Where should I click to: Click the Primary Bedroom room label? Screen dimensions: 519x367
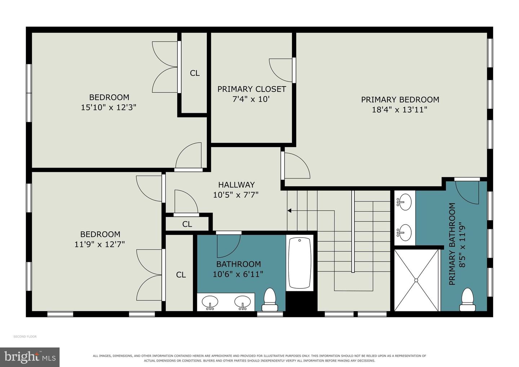tap(400, 100)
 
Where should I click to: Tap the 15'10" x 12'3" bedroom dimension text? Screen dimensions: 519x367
tap(108, 107)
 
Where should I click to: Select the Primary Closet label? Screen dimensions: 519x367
tap(252, 89)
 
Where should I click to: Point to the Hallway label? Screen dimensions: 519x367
tap(236, 185)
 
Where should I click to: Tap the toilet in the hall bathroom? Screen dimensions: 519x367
tap(270, 300)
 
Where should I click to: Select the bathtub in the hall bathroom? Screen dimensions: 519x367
tap(300, 263)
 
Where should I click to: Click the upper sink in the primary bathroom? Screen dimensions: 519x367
tap(404, 202)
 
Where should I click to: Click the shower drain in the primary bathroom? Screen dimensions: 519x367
tap(416, 280)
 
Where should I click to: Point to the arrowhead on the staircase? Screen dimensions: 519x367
tap(289, 211)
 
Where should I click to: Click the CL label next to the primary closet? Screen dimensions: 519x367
tap(195, 73)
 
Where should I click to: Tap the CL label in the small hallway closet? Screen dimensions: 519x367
tap(187, 224)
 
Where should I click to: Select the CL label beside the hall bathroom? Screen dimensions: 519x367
tap(181, 275)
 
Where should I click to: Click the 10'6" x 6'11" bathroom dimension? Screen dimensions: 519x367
tap(238, 274)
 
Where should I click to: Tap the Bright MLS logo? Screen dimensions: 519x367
tap(30, 357)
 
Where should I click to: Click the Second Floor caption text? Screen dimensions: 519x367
tap(25, 336)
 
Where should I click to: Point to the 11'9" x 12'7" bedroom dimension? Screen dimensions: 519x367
tap(99, 244)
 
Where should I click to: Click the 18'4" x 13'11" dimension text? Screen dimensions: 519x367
tap(399, 110)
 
